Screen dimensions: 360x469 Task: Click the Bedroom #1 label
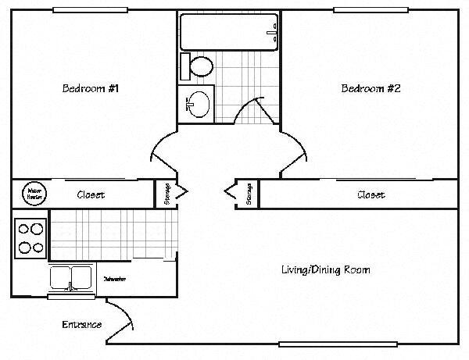click(x=90, y=88)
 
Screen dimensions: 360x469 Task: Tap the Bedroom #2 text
click(x=371, y=88)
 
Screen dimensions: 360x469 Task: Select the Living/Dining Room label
click(x=325, y=270)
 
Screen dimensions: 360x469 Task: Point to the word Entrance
click(x=82, y=324)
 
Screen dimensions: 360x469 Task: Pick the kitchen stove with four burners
click(x=30, y=238)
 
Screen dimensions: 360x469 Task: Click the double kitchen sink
click(x=71, y=278)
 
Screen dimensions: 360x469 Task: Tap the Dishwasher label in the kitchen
click(x=115, y=279)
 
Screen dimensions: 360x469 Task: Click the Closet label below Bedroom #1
click(x=91, y=194)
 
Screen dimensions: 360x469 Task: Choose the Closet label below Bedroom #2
click(x=371, y=194)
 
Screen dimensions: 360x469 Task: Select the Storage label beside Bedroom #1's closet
click(x=167, y=194)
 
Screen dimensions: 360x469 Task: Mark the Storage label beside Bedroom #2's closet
click(x=249, y=194)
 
